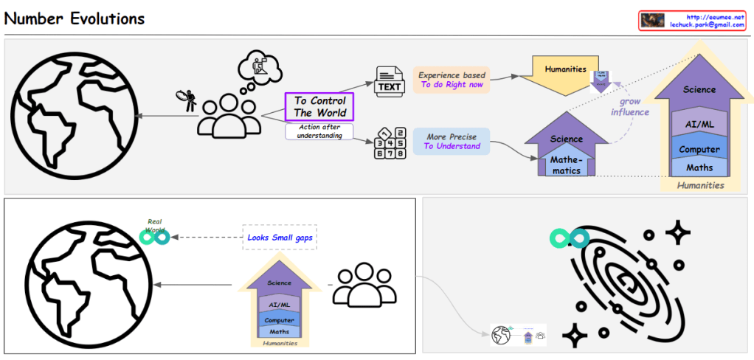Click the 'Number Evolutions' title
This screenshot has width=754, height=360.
75,18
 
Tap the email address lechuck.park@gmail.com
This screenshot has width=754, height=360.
706,25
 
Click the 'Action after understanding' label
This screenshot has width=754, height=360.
319,131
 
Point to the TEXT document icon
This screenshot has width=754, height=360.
390,82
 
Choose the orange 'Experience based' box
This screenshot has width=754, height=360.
452,80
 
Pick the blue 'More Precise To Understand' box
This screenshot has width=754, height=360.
452,142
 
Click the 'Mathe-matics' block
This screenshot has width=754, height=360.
566,165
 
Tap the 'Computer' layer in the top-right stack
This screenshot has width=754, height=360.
699,150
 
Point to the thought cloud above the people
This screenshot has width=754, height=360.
260,71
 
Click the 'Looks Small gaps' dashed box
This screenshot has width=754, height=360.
279,237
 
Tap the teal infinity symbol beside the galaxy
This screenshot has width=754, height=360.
569,238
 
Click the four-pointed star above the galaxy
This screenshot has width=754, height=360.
677,232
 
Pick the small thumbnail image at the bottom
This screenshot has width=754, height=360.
518,335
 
